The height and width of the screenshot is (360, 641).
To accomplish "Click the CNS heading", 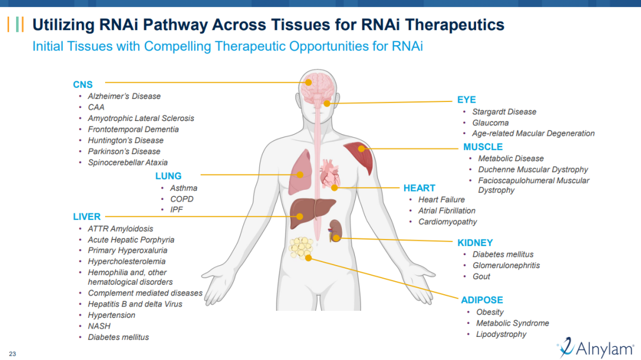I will coord(82,85).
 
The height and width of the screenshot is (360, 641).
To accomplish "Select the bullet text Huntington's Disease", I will coord(125,141).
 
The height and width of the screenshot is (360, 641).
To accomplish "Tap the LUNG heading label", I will coord(168,176).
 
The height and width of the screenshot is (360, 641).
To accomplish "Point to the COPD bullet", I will coord(182,199).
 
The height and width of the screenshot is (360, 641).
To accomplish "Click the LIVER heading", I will coord(87,217).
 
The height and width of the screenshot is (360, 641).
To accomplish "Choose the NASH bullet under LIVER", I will coord(99,326).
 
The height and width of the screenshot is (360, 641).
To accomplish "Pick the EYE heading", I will coord(467,100).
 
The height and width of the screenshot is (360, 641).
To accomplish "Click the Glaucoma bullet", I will coord(490,123).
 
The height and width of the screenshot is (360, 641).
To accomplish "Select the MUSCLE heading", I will coord(483,147).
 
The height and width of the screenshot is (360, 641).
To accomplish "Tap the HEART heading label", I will coord(419,188).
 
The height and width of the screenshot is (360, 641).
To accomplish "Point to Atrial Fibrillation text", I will coord(446,211).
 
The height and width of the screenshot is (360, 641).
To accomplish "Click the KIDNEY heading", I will coord(475,243).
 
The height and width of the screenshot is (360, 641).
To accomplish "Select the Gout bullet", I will coord(481,276).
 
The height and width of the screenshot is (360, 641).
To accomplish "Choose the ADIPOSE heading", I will coord(482,300).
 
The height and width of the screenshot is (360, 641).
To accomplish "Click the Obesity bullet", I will coord(490,312).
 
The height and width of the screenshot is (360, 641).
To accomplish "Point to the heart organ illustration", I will coord(329,174).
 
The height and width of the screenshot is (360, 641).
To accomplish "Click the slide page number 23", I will coord(12,354).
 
